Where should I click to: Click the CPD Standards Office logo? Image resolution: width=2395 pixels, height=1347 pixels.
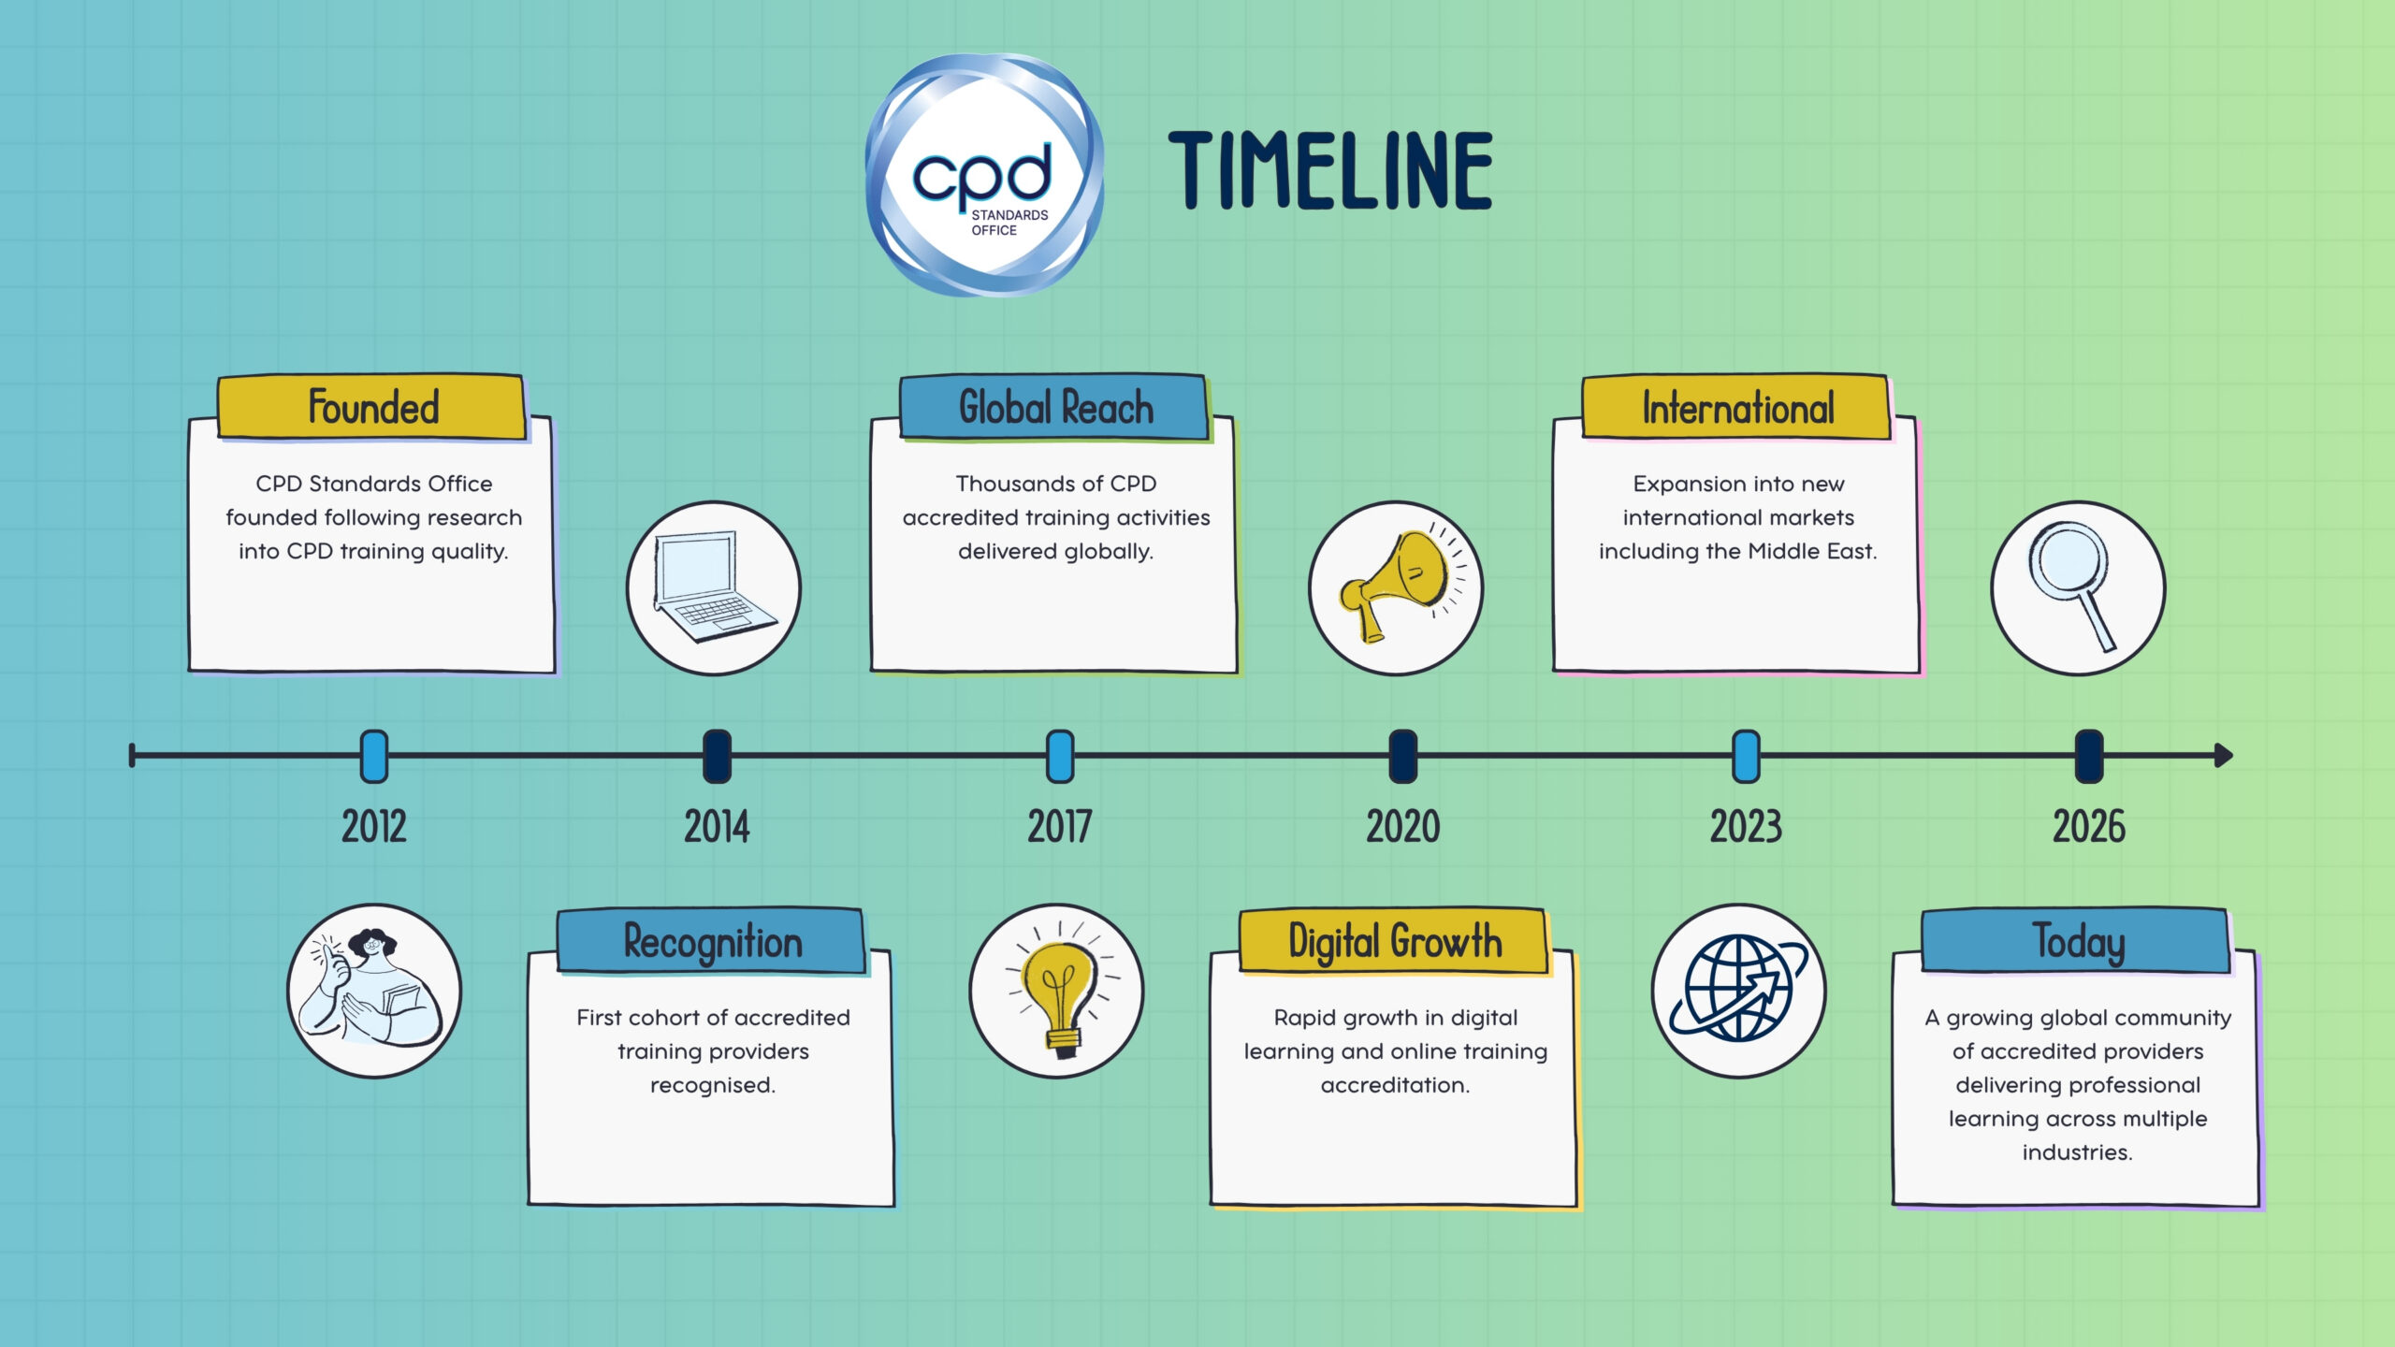984,175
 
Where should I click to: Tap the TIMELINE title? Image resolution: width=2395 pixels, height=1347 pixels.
1330,170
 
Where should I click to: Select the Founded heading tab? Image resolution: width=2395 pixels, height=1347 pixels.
372,407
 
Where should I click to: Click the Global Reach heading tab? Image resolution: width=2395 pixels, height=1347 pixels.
1055,407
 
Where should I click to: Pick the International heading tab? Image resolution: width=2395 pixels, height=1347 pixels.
1737,408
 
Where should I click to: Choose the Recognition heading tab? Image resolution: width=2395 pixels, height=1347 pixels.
712,941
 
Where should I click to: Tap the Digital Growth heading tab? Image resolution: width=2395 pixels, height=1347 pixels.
1394,941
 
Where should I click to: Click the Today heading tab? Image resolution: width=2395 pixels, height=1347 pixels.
2077,941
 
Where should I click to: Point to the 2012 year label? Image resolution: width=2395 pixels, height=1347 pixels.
373,827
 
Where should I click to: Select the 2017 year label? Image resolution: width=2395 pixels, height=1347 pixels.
1059,827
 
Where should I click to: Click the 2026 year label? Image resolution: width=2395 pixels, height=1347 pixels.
2089,827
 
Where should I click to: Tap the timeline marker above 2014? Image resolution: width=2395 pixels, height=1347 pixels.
717,756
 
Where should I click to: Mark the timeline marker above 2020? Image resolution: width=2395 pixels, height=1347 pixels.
1402,756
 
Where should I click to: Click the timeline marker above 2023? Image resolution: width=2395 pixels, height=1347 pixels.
1746,756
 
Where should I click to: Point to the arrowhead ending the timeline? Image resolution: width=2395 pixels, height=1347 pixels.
2224,755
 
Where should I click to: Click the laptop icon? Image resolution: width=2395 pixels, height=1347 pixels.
714,588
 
